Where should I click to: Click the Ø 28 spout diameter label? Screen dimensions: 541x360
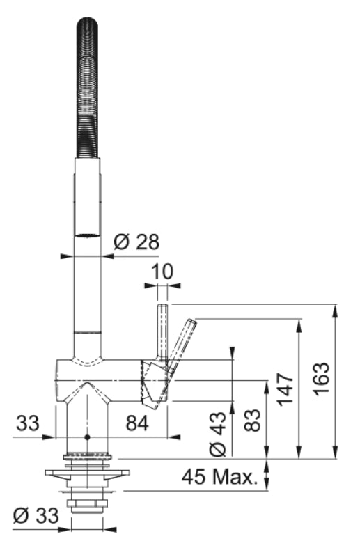(136, 242)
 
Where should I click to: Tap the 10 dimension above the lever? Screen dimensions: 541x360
(162, 270)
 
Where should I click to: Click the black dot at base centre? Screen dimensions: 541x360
(87, 437)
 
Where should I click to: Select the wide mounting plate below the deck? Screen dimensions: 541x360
(87, 476)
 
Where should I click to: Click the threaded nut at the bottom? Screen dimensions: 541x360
(87, 503)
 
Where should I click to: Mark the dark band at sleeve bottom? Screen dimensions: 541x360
(88, 235)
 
